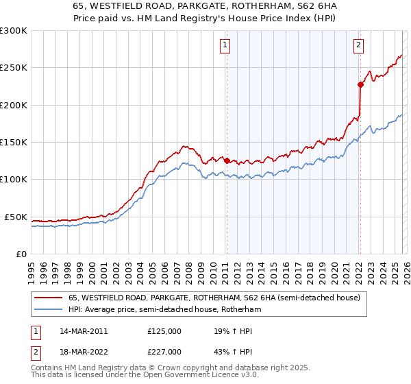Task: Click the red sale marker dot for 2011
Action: (x=227, y=161)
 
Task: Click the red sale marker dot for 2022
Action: (x=360, y=85)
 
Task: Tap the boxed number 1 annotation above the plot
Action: (x=225, y=46)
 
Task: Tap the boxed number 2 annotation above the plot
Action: (x=358, y=46)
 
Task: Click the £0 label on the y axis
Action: (x=21, y=254)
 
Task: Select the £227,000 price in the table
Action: (x=164, y=352)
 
